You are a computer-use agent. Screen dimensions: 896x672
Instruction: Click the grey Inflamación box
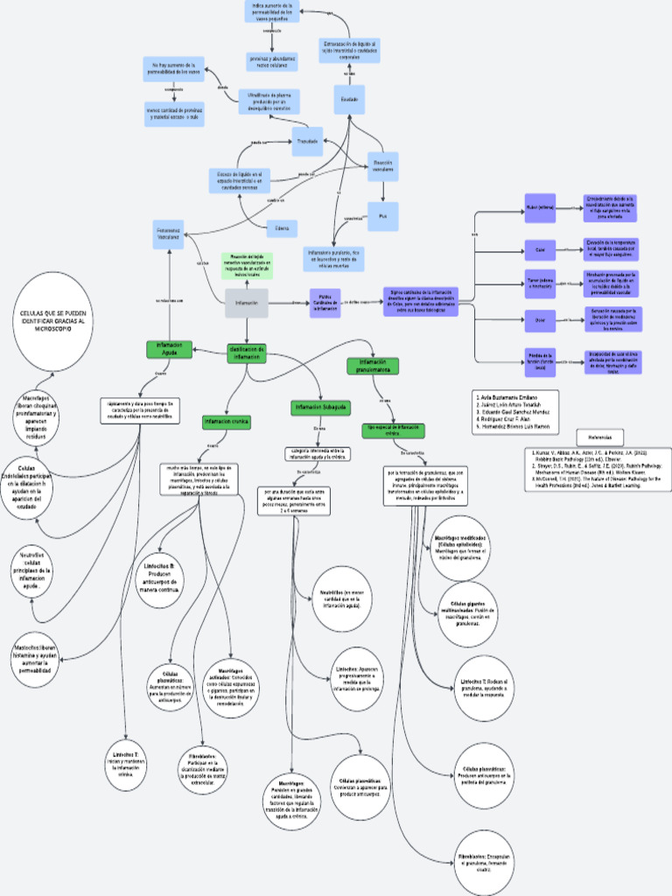pyautogui.click(x=246, y=303)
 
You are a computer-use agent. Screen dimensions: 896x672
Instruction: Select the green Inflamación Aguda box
pyautogui.click(x=169, y=349)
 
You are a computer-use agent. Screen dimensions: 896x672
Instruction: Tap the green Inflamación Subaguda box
pyautogui.click(x=321, y=407)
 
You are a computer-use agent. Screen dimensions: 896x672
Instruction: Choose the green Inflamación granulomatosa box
pyautogui.click(x=374, y=365)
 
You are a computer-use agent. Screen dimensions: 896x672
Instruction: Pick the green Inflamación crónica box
pyautogui.click(x=227, y=422)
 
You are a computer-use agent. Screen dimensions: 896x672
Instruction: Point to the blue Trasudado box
pyautogui.click(x=306, y=140)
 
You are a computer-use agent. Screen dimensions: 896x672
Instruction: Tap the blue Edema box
pyautogui.click(x=282, y=228)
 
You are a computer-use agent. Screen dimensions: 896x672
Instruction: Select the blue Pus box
pyautogui.click(x=382, y=216)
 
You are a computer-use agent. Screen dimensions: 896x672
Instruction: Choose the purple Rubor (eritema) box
pyautogui.click(x=539, y=208)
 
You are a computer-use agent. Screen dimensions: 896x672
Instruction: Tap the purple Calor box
pyautogui.click(x=539, y=249)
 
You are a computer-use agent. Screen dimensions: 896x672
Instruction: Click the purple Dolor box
pyautogui.click(x=539, y=320)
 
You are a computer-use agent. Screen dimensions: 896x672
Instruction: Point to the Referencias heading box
pyautogui.click(x=599, y=437)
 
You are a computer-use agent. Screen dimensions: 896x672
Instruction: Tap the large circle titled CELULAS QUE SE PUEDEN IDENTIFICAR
pyautogui.click(x=54, y=320)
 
